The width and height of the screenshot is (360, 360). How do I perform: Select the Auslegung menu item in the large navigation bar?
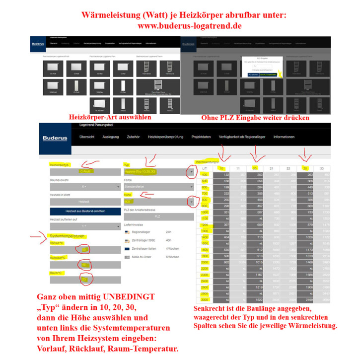[110, 137]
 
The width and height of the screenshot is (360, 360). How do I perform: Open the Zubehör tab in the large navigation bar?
[133, 137]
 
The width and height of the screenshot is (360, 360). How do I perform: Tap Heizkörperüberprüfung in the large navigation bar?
[165, 137]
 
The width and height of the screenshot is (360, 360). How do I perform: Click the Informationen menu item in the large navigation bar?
[284, 137]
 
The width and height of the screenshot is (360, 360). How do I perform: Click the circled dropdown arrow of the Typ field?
[191, 172]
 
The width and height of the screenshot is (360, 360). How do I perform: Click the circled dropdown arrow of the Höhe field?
[191, 203]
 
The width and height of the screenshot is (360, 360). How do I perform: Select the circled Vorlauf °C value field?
[85, 249]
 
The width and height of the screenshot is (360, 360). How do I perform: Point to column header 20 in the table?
[254, 169]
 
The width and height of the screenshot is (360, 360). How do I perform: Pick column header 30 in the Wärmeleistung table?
[306, 169]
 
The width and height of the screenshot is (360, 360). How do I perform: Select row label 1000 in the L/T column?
[205, 212]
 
